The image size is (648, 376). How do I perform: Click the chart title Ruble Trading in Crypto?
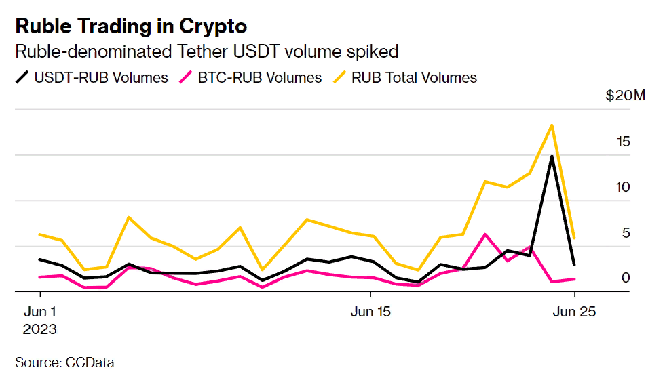coord(131,26)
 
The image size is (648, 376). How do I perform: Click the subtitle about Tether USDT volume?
coord(206,51)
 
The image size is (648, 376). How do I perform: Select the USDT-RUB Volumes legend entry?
coord(92,78)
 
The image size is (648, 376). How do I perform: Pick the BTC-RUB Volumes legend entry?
coord(250,78)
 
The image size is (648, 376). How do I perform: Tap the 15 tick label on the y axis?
coord(624,142)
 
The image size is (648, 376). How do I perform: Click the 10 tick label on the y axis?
coord(624,187)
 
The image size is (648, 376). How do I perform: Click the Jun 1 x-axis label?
coord(40,312)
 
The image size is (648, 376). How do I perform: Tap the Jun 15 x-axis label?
coord(370,312)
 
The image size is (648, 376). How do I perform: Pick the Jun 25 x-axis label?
coord(574,312)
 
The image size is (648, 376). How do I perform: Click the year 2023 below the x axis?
coord(40,330)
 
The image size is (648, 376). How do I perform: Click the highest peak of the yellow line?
coord(552,125)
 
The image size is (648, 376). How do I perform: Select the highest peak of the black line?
coord(552,156)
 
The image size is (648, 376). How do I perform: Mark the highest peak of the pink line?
coord(485,234)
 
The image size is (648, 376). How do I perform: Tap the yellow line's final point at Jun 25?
coord(575,238)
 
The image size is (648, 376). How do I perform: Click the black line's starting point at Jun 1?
coord(40,259)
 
